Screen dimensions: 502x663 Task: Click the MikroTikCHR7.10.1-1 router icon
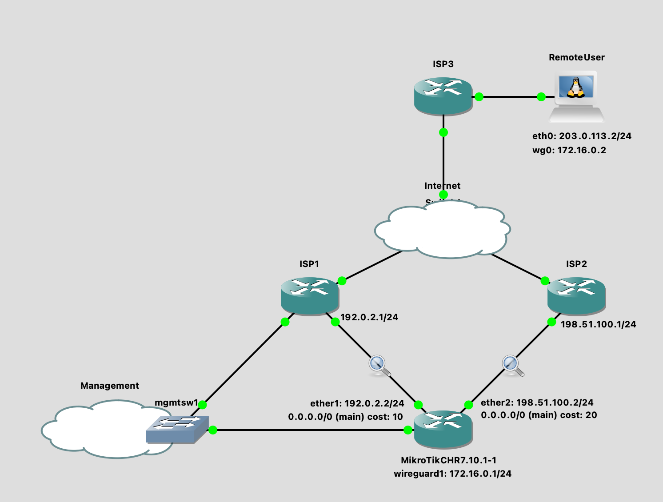(443, 429)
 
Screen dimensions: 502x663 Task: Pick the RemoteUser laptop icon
(576, 97)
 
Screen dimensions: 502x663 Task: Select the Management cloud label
(110, 386)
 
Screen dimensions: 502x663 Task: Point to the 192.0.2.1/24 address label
(369, 317)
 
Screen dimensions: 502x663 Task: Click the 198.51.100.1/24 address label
(598, 324)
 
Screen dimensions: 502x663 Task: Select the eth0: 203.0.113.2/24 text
(582, 136)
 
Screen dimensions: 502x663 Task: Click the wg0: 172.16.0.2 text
(569, 150)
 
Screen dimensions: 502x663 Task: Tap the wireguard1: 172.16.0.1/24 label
(452, 474)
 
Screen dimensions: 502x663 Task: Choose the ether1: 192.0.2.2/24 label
(357, 403)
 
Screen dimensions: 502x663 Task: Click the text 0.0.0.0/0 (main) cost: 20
(539, 415)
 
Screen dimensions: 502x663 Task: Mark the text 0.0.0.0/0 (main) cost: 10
(345, 417)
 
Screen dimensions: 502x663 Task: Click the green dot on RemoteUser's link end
(541, 97)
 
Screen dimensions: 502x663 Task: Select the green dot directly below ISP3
(443, 132)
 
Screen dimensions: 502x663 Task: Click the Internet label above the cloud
(442, 186)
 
